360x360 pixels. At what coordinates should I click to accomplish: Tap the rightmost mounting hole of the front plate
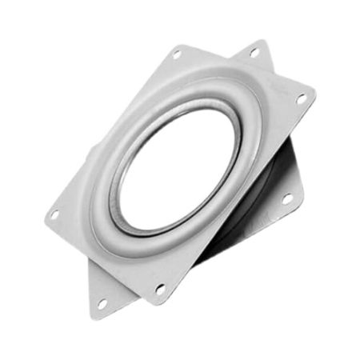point(302,99)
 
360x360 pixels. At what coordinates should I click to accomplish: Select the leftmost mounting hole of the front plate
point(55,214)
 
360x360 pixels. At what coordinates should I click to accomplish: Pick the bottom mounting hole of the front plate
point(160,289)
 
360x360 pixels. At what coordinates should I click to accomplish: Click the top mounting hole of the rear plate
point(254,52)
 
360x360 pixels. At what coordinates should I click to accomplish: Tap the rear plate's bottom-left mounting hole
point(102,303)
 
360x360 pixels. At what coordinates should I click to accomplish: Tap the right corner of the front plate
point(314,94)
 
